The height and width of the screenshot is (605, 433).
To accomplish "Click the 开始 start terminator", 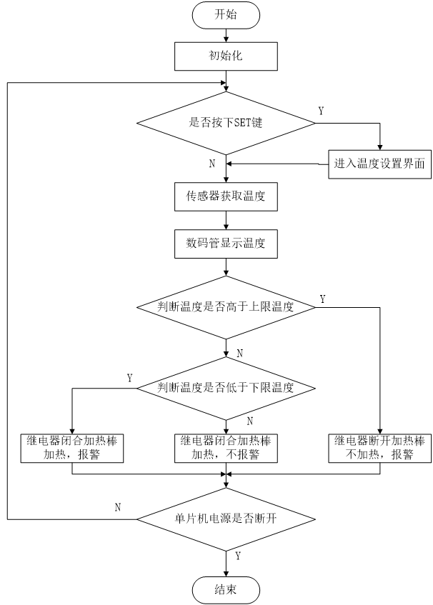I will (225, 14).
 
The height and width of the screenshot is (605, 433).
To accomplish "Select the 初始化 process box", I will (225, 55).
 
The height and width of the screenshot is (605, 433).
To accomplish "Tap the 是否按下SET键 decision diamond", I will (226, 122).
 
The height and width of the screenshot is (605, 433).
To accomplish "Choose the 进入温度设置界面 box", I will (379, 164).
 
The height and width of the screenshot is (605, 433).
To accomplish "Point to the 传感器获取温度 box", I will (226, 196).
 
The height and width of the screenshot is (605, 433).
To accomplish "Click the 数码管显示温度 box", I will (226, 243).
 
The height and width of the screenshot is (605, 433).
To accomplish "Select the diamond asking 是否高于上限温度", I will (226, 307).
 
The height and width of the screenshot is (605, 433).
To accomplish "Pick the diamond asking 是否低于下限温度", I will (226, 388).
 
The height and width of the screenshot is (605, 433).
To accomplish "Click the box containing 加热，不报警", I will (226, 447).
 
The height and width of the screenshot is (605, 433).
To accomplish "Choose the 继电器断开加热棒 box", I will (379, 447).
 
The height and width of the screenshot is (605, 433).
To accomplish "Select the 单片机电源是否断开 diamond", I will (226, 519).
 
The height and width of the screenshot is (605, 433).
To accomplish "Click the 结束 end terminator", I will (225, 590).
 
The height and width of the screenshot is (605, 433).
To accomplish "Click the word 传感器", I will (202, 196).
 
